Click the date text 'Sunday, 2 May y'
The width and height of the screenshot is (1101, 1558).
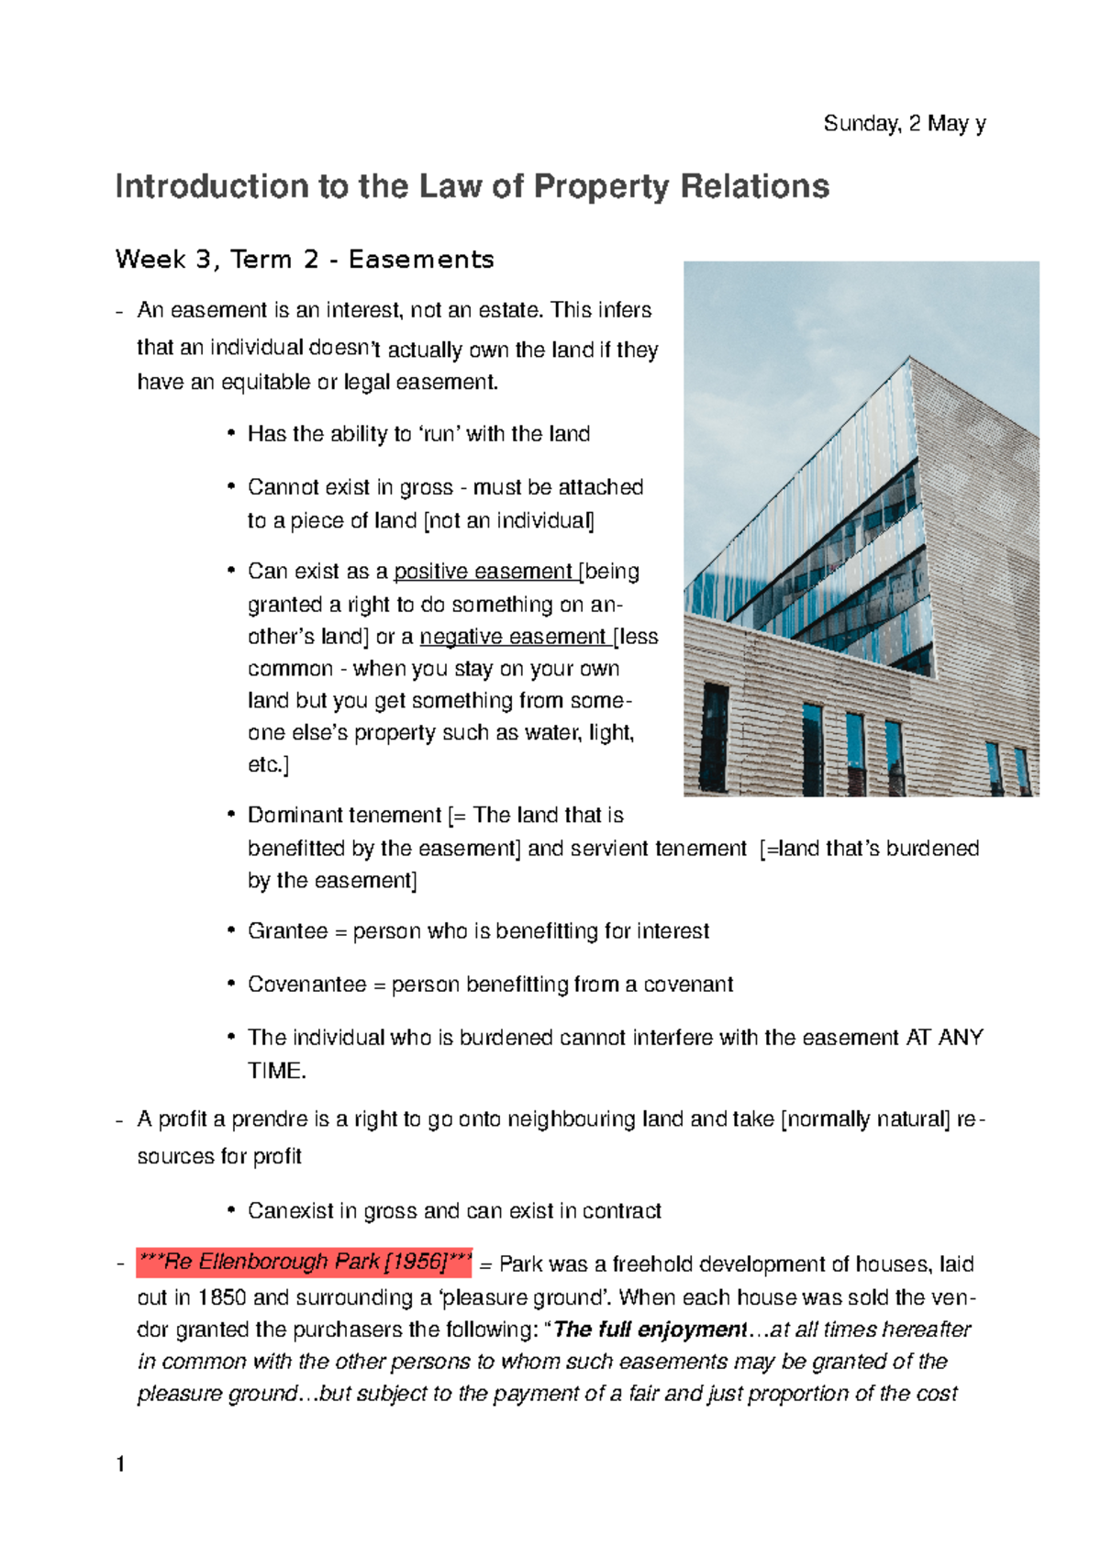(x=904, y=124)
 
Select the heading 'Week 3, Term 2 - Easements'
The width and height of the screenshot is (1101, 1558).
(x=305, y=260)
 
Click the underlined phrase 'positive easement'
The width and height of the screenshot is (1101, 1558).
(x=484, y=572)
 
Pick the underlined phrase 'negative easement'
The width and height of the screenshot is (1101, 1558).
(x=513, y=637)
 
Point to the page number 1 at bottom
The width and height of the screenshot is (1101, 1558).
(x=120, y=1463)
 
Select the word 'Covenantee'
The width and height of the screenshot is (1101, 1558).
(x=306, y=985)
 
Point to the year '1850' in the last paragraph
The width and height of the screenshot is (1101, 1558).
(x=222, y=1297)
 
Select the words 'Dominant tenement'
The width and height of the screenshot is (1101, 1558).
(x=344, y=816)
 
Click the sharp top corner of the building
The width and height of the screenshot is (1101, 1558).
(x=909, y=357)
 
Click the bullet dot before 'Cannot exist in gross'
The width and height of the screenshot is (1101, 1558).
(x=231, y=487)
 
